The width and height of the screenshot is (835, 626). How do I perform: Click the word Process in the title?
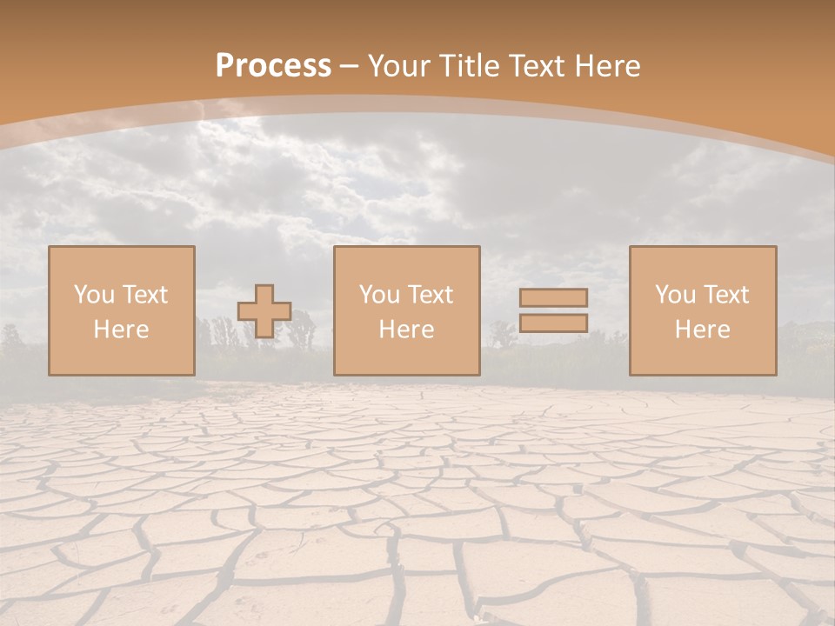[273, 66]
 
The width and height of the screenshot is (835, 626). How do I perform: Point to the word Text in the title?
[544, 66]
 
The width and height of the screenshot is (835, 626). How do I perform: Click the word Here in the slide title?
[612, 66]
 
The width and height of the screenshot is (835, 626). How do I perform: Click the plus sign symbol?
[264, 311]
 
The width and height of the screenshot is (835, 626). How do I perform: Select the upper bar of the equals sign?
[553, 297]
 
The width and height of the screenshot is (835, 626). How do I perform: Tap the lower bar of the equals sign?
[553, 323]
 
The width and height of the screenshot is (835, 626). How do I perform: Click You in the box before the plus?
[95, 295]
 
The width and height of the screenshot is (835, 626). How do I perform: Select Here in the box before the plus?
[121, 330]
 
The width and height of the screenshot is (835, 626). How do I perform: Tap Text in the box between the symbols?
[431, 295]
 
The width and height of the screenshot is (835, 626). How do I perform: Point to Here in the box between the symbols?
[406, 330]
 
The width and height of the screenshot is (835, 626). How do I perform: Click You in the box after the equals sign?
[676, 295]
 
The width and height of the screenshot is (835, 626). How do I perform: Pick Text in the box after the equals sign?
[726, 295]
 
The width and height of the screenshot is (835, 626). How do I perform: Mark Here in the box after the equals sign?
[702, 330]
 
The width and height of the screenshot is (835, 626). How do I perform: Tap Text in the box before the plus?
[145, 295]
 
